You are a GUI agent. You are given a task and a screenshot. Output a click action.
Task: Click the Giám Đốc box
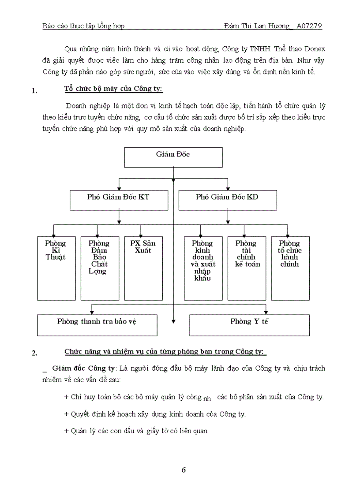173,157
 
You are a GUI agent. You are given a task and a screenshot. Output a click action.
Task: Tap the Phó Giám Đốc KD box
228,200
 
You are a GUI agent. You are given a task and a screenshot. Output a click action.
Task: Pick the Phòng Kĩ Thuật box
56,268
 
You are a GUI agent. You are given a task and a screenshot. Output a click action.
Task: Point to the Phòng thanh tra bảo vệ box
97,325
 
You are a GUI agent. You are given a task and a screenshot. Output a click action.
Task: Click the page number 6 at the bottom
184,469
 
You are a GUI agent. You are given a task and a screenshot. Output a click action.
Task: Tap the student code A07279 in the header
309,26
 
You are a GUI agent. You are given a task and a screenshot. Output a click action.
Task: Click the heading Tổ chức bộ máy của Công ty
113,89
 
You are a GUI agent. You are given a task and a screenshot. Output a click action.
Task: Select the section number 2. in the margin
34,353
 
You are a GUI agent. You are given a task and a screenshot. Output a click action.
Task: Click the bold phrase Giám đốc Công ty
83,368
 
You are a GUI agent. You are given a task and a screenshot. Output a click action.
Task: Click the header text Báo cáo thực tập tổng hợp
83,26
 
